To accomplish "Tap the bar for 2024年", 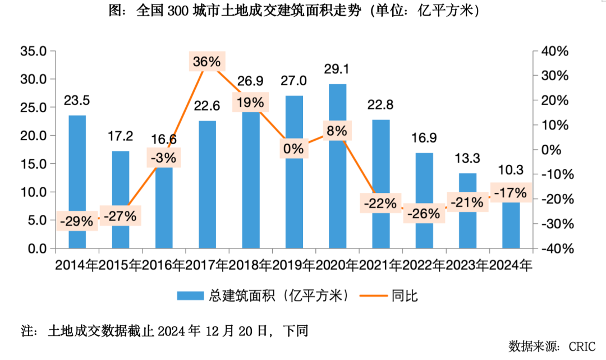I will [511, 224].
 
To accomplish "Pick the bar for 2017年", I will [208, 185].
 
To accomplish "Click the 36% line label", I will [206, 62].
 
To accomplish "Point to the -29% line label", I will [77, 221].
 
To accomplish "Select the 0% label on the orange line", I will [293, 149].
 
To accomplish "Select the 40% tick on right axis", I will [554, 51].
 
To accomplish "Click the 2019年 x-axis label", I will [293, 265].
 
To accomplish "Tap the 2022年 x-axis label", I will [424, 265].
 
